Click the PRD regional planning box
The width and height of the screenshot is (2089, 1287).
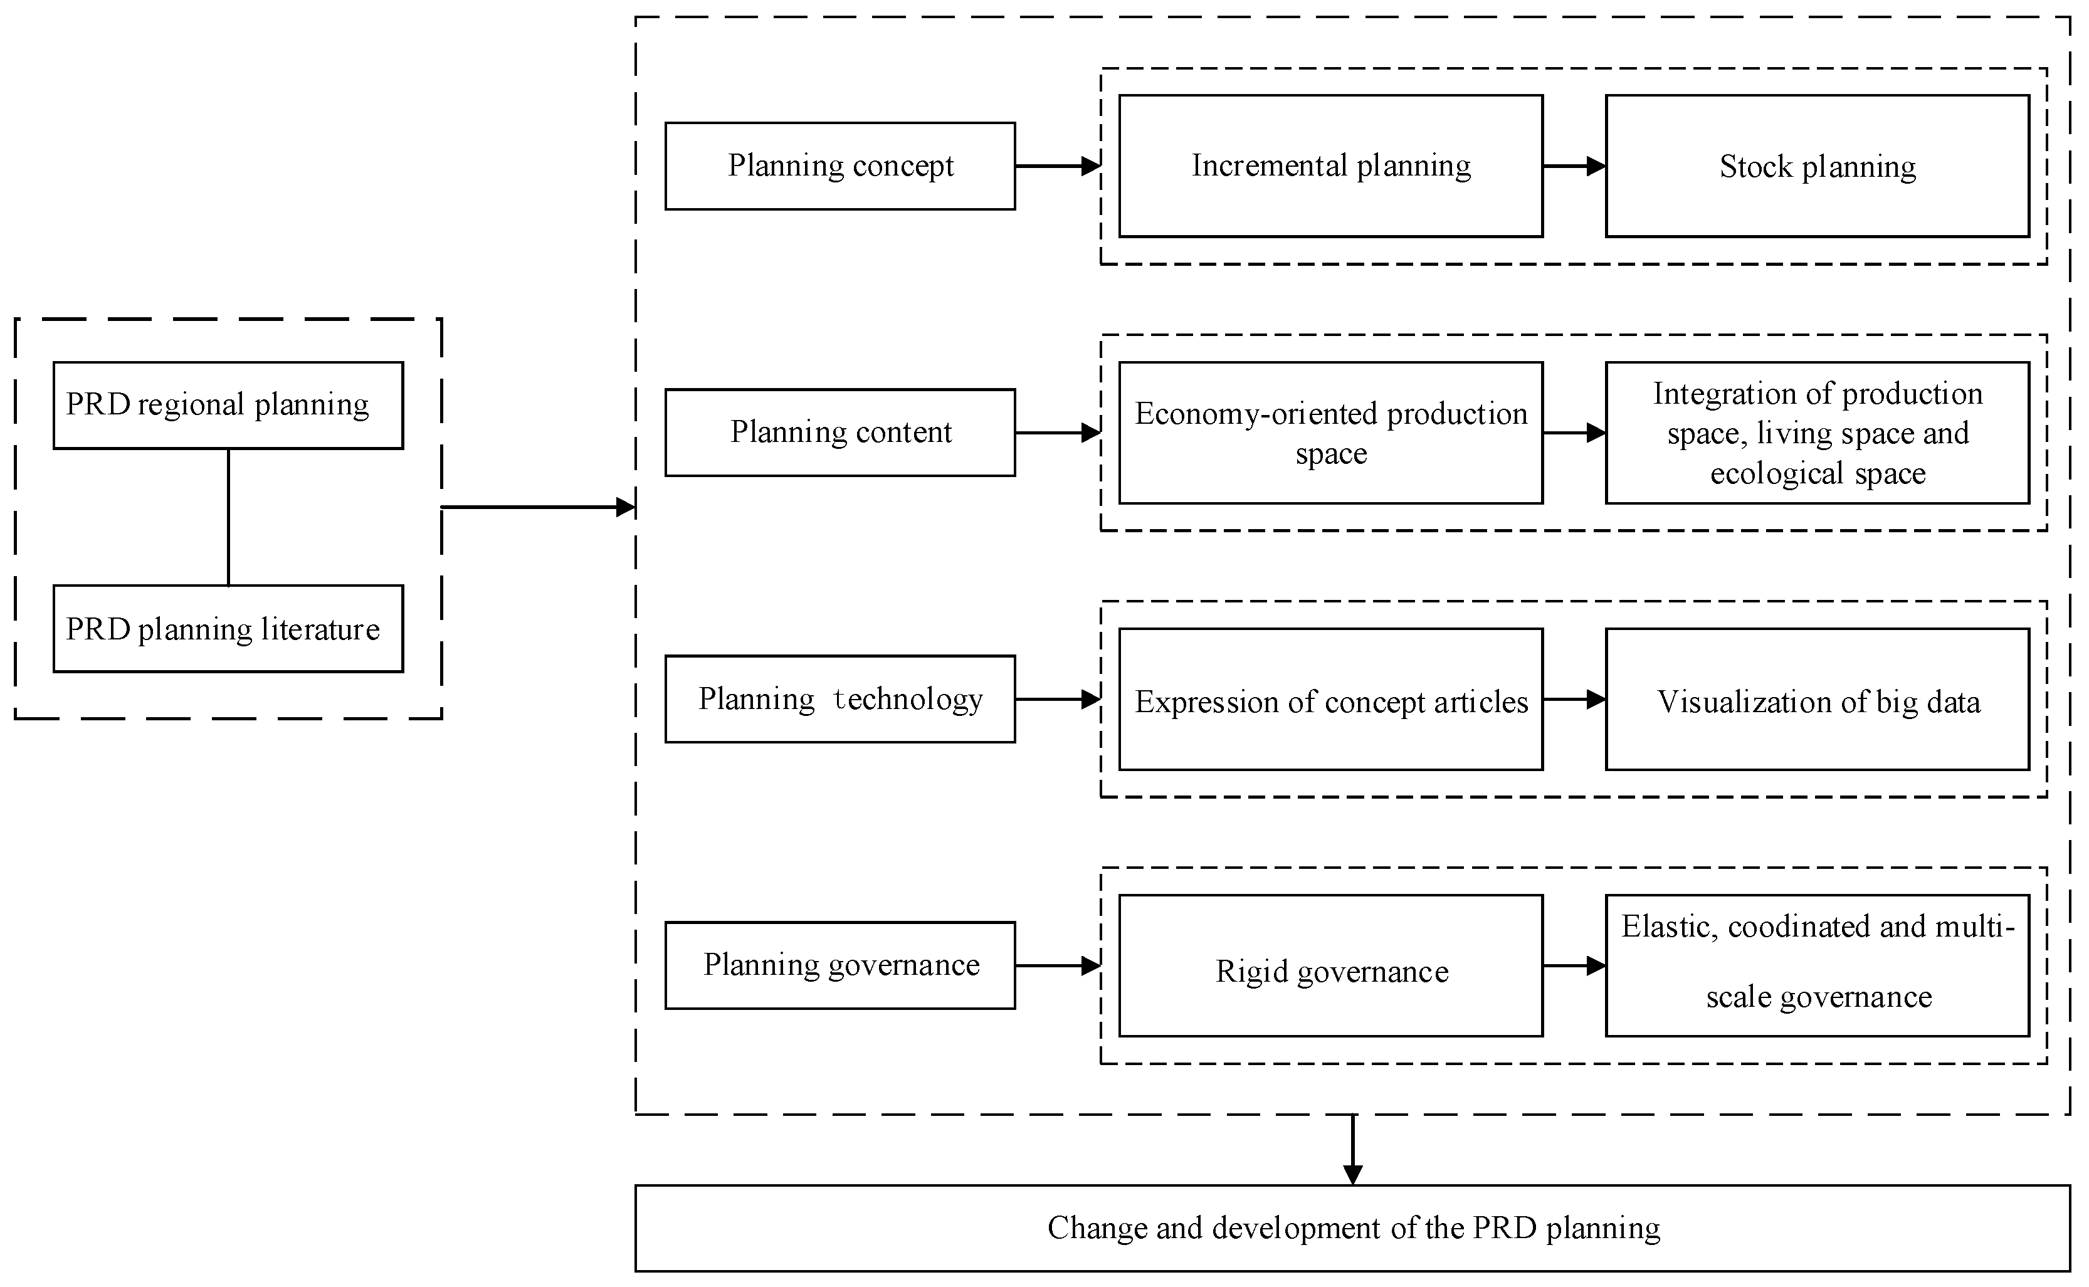point(228,405)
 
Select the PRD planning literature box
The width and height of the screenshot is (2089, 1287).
point(228,629)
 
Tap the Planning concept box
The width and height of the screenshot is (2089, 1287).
point(840,166)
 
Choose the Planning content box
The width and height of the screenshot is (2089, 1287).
point(840,433)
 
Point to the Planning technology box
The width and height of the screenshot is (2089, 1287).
point(840,699)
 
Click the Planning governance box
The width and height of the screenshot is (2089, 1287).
point(840,965)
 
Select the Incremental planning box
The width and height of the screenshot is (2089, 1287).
point(1330,166)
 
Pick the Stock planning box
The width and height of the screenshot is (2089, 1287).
point(1818,166)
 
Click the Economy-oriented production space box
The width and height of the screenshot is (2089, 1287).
point(1330,433)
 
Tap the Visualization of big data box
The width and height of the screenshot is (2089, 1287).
point(1818,700)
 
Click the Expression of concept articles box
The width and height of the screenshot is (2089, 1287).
point(1330,700)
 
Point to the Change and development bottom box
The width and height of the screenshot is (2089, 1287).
point(1353,1228)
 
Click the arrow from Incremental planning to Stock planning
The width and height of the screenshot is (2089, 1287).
point(1574,166)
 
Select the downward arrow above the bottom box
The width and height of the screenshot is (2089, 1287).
point(1353,1149)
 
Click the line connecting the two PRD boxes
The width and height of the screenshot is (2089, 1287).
point(228,517)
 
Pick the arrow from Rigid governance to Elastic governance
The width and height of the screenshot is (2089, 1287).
point(1574,965)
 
